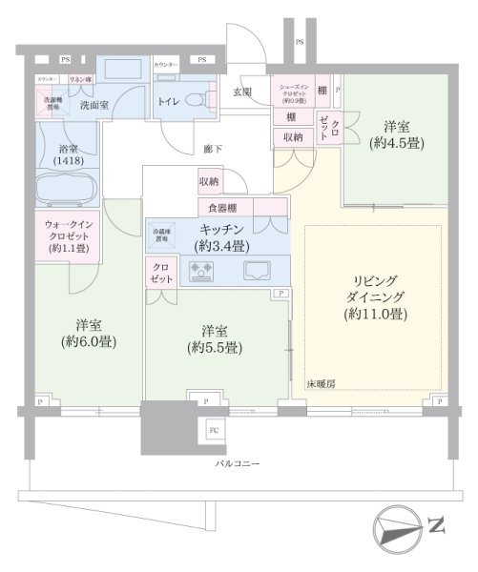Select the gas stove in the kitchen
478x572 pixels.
click(202, 272)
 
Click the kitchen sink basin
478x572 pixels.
click(258, 272)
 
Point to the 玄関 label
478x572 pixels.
click(242, 92)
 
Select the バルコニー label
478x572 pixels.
click(239, 464)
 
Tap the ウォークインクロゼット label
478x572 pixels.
click(68, 236)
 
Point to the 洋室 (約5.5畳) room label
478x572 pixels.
click(214, 339)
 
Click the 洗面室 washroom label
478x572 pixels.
click(94, 105)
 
